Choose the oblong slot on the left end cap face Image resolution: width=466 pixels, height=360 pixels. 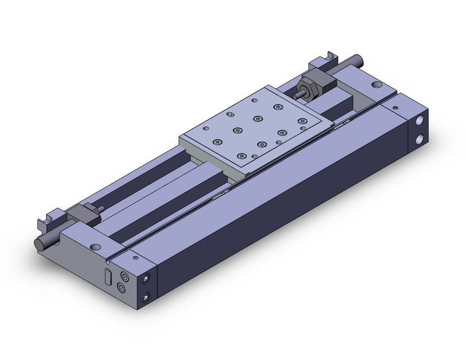click(x=108, y=277)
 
